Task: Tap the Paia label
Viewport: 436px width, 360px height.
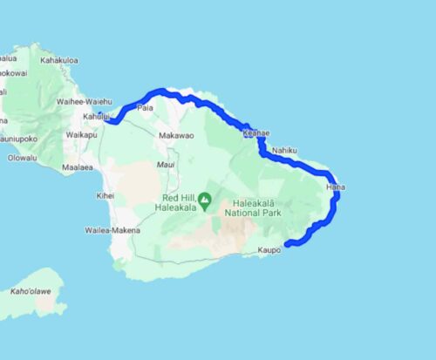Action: [145, 107]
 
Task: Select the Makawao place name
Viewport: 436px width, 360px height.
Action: [175, 135]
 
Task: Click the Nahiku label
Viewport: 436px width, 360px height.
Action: [285, 151]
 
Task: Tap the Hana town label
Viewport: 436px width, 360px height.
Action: [334, 187]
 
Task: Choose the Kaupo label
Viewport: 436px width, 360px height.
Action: [270, 250]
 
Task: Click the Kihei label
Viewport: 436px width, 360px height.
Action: [106, 196]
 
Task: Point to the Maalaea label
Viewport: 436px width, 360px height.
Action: [78, 166]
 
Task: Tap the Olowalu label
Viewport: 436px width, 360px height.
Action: [22, 158]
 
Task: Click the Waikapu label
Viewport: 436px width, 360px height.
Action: [81, 135]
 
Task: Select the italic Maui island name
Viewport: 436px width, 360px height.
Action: [166, 164]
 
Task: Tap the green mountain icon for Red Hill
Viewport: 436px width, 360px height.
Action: [205, 201]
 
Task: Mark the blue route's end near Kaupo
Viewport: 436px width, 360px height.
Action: [287, 245]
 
